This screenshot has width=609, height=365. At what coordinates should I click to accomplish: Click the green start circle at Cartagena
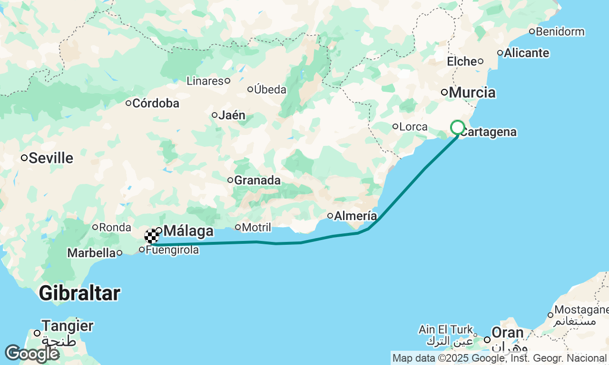pyautogui.click(x=457, y=127)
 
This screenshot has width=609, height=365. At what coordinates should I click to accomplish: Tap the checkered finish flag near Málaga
pyautogui.click(x=151, y=236)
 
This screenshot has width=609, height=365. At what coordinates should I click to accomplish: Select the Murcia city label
pyautogui.click(x=472, y=92)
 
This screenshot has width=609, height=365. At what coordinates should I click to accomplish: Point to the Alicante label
pyautogui.click(x=526, y=53)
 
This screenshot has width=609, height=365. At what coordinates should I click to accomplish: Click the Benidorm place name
pyautogui.click(x=560, y=32)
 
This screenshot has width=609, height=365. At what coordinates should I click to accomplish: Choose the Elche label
pyautogui.click(x=462, y=61)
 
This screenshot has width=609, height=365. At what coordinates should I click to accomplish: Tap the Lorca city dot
pyautogui.click(x=395, y=126)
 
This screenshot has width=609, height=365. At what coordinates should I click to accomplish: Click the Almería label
pyautogui.click(x=355, y=216)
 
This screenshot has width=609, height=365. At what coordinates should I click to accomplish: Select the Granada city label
pyautogui.click(x=257, y=181)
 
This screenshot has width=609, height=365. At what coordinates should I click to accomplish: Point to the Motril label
pyautogui.click(x=256, y=227)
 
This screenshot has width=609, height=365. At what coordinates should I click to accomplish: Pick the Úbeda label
pyautogui.click(x=270, y=89)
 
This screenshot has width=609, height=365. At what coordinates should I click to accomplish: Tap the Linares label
pyautogui.click(x=205, y=81)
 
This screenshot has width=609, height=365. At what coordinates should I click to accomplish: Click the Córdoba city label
pyautogui.click(x=156, y=103)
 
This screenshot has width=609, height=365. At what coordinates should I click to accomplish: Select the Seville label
pyautogui.click(x=51, y=158)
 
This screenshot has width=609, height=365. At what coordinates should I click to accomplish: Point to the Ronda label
pyautogui.click(x=115, y=227)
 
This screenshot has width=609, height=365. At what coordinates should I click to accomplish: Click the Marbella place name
pyautogui.click(x=91, y=253)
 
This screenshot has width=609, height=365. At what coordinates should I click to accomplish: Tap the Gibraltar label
pyautogui.click(x=79, y=293)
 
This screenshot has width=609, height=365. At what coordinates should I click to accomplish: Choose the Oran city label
pyautogui.click(x=508, y=333)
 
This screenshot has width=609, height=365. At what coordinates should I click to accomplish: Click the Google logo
pyautogui.click(x=32, y=354)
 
